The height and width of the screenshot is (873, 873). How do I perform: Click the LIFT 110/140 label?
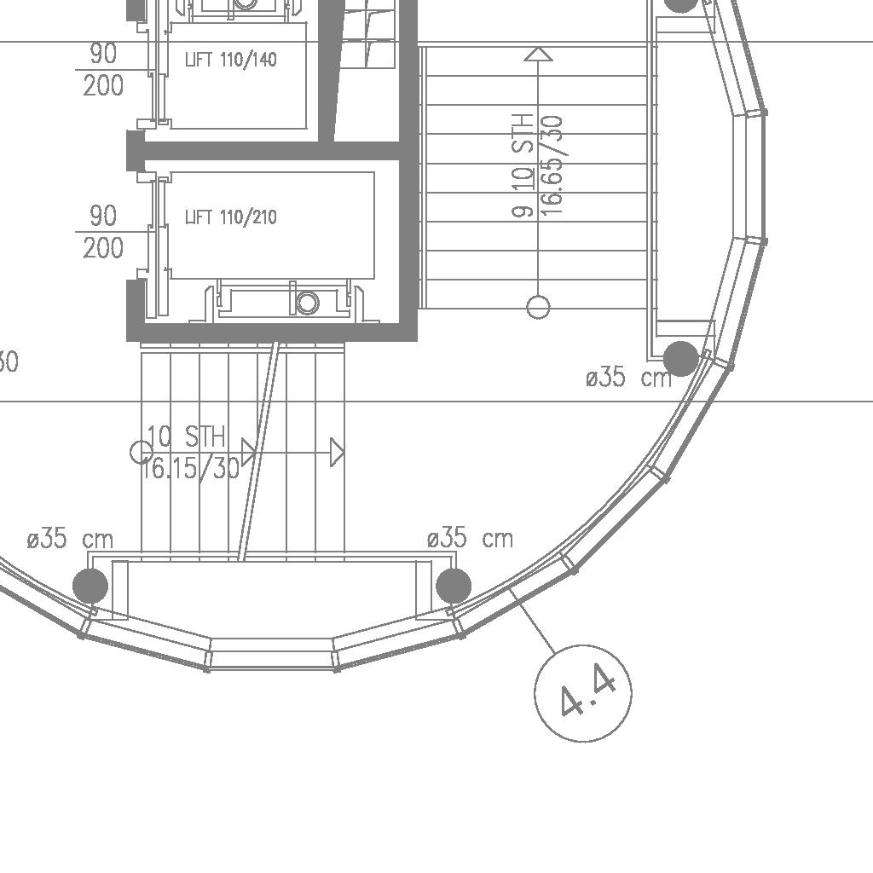(230, 59)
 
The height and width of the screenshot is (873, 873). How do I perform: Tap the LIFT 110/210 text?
(230, 217)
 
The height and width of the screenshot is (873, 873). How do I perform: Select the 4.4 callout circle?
(583, 693)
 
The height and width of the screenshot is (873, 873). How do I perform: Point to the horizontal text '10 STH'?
(187, 436)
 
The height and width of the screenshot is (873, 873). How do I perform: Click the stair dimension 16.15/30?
(190, 469)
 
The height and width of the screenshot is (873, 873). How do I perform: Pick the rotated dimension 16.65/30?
(552, 165)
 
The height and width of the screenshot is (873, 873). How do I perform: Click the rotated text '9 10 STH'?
(523, 165)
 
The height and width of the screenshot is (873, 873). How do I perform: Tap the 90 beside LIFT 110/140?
(103, 54)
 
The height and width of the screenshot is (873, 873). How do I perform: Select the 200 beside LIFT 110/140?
(103, 86)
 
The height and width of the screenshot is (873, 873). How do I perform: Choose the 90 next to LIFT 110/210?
(103, 216)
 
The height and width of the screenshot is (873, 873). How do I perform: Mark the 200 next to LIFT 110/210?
(103, 248)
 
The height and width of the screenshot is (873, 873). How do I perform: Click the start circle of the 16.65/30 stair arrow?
(538, 307)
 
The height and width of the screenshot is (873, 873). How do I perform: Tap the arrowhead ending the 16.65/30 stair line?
(538, 54)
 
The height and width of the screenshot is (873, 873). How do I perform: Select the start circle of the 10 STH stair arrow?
(142, 453)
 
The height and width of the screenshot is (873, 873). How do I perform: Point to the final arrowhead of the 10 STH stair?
(337, 452)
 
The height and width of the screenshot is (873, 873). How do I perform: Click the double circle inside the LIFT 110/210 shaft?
(307, 303)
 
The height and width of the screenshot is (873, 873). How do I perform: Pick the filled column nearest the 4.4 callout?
(454, 586)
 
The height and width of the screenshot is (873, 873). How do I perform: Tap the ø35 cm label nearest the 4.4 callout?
(470, 539)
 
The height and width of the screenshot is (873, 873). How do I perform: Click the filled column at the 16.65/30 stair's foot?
(681, 359)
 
